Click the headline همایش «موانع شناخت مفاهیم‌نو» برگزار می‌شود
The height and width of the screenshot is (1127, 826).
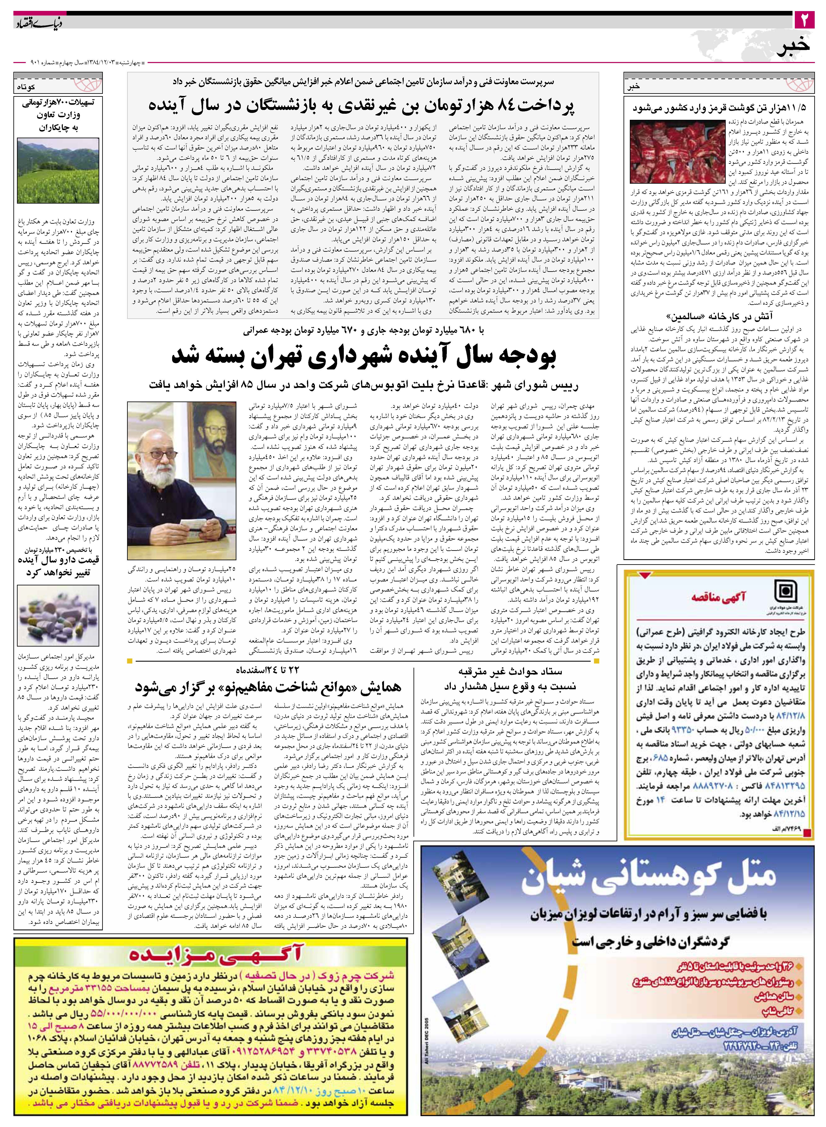click(x=268, y=687)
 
